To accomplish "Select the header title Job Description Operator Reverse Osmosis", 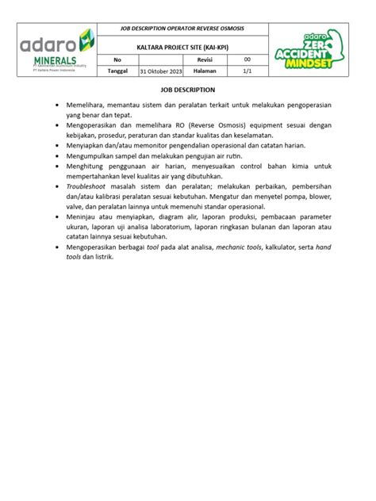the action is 182,29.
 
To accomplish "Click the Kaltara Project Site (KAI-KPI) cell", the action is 182,47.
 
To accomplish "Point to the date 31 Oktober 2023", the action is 160,71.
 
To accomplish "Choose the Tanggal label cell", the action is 117,71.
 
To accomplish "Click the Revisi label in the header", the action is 205,59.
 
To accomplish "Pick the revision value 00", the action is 247,59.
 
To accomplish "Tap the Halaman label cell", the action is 205,71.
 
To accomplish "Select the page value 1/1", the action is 247,71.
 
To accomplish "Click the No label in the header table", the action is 117,59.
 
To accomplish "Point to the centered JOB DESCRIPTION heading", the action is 189,90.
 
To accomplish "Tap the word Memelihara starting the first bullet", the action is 89,105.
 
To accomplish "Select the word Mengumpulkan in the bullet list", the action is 95,156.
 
